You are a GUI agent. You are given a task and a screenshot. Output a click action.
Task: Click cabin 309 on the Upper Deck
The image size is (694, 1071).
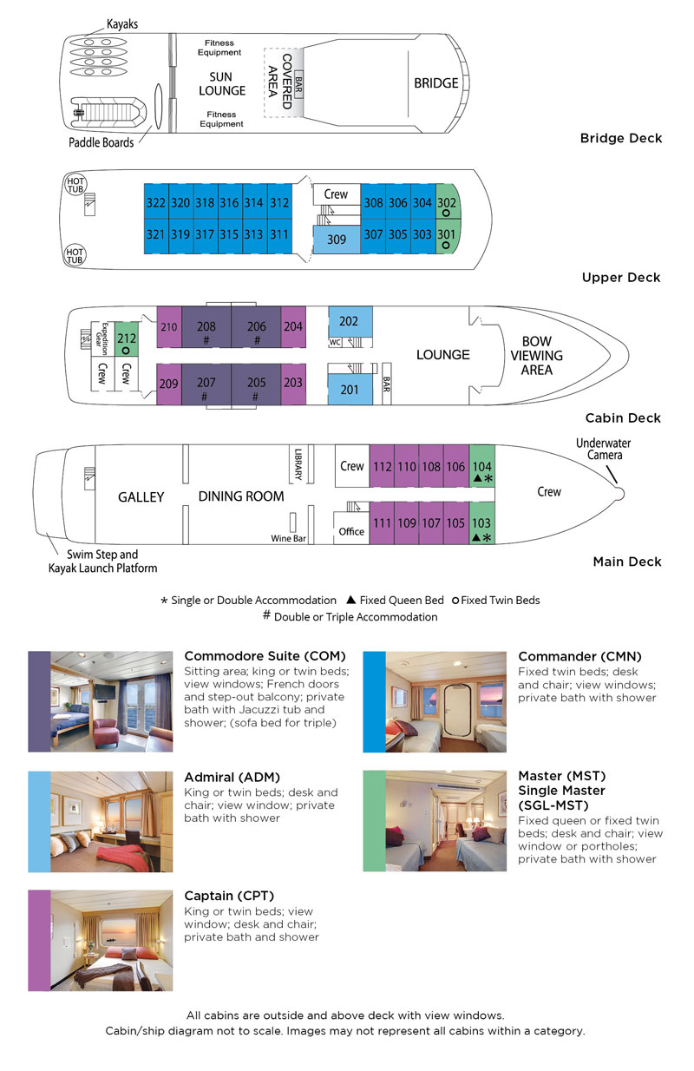click(336, 239)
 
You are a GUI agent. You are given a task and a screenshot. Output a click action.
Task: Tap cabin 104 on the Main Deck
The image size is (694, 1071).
click(481, 470)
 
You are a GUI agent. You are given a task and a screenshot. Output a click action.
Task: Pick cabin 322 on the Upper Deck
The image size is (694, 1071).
click(155, 202)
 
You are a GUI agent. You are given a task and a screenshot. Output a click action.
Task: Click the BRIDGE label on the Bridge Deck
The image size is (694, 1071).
click(435, 83)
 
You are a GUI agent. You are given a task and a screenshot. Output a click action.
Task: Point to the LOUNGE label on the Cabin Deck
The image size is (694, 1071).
click(442, 354)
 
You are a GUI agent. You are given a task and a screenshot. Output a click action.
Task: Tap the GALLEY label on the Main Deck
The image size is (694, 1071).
click(141, 496)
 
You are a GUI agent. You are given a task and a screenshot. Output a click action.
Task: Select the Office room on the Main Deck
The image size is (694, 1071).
click(351, 531)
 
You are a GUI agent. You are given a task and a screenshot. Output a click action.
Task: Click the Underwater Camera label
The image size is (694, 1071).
click(603, 449)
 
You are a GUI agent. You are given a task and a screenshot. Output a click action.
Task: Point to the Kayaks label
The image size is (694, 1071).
click(122, 24)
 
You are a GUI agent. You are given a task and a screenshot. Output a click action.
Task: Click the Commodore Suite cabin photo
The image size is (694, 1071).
click(111, 701)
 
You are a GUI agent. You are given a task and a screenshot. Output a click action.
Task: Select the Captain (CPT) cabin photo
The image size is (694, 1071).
click(111, 940)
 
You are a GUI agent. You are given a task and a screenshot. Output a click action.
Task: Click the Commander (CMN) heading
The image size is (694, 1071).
click(579, 657)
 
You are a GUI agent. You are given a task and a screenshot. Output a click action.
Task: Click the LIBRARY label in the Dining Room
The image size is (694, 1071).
click(298, 464)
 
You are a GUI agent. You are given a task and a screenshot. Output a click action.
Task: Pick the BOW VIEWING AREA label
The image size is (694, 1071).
click(542, 356)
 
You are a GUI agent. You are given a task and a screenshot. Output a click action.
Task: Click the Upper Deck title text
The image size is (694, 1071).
click(621, 278)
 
